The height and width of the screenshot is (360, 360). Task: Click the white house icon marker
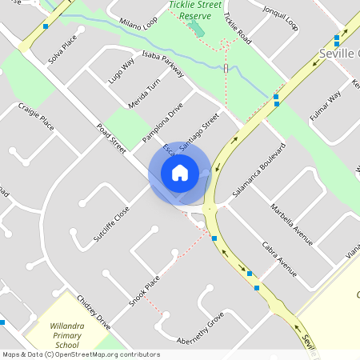pyautogui.click(x=179, y=172)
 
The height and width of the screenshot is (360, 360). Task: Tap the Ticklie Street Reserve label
pyautogui.click(x=196, y=10)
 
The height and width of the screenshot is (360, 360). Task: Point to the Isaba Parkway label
pyautogui.click(x=162, y=63)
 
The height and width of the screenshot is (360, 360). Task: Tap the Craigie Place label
pyautogui.click(x=36, y=116)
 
